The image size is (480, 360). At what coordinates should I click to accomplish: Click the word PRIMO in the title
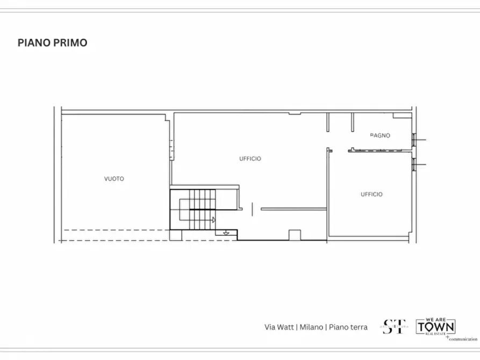tap(70, 43)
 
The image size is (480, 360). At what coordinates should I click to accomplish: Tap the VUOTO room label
tap(114, 179)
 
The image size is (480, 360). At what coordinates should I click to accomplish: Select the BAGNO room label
tap(380, 135)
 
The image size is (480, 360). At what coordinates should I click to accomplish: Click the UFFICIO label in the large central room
tap(250, 159)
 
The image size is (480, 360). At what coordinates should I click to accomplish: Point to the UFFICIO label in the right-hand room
tap(371, 194)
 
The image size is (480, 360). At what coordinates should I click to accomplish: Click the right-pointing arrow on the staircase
tap(213, 219)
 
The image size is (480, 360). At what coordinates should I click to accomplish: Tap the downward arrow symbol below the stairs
tap(226, 233)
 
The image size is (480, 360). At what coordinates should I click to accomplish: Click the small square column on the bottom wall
tap(294, 235)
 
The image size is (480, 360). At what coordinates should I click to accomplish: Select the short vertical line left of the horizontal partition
tap(251, 208)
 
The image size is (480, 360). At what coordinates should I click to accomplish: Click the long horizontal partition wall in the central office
tap(293, 208)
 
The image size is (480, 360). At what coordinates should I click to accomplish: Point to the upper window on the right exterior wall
tap(414, 139)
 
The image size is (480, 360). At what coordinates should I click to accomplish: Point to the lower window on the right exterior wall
tap(414, 163)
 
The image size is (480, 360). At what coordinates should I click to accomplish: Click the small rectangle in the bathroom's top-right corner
tap(402, 116)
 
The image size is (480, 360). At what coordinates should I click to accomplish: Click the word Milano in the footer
tap(311, 327)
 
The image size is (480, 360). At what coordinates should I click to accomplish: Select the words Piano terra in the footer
tap(348, 327)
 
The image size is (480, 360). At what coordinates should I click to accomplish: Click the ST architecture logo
tap(394, 326)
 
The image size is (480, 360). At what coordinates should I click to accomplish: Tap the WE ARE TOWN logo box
tap(436, 326)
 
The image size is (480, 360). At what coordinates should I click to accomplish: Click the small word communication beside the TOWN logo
tap(463, 339)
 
